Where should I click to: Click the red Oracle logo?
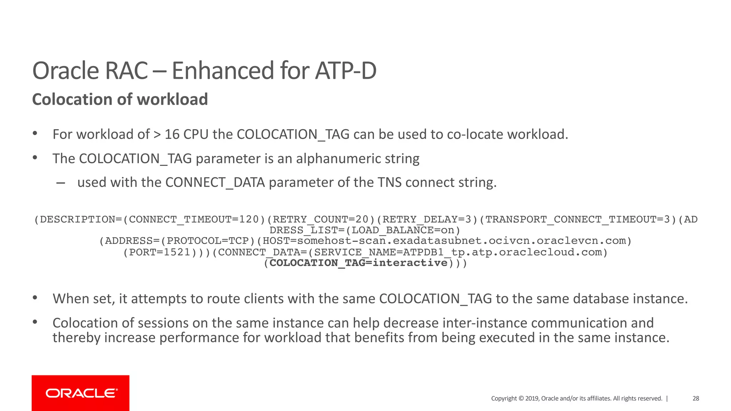[81, 393]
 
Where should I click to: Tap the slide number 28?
[696, 399]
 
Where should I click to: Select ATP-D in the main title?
[346, 71]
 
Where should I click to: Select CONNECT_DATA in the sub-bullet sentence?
[215, 183]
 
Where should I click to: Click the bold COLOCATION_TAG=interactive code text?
[358, 263]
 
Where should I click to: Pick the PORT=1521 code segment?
[160, 252]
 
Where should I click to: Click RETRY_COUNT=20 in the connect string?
[321, 219]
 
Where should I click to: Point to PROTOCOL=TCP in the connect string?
[208, 241]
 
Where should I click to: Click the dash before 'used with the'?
[61, 183]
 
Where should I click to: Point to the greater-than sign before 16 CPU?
[157, 135]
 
